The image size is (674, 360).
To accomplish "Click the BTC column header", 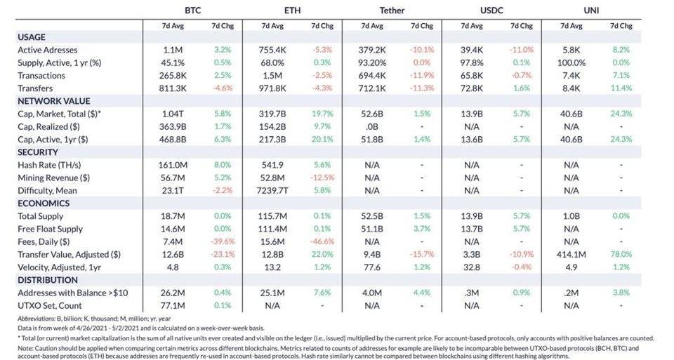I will (x=193, y=11).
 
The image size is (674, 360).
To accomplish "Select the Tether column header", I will (x=392, y=11).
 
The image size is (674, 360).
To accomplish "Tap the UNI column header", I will (x=591, y=11).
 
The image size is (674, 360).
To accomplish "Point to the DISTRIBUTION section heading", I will (x=48, y=279).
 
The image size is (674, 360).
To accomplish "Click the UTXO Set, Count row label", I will (x=50, y=305).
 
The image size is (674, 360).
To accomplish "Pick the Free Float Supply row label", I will (x=51, y=229).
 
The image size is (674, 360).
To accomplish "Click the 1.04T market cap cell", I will (x=172, y=114).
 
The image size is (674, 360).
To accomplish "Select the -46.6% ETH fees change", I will (x=322, y=241).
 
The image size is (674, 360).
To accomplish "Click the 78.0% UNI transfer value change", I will (x=621, y=254).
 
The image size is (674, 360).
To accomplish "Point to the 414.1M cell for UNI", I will (x=571, y=254).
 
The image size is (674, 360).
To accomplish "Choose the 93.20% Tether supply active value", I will (x=371, y=63).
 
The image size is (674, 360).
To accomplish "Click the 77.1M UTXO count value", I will (x=172, y=305).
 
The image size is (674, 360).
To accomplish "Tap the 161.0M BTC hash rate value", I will (x=172, y=165).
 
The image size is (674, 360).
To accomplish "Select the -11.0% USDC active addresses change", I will (x=521, y=51).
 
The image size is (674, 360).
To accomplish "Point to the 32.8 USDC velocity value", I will (x=471, y=267).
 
